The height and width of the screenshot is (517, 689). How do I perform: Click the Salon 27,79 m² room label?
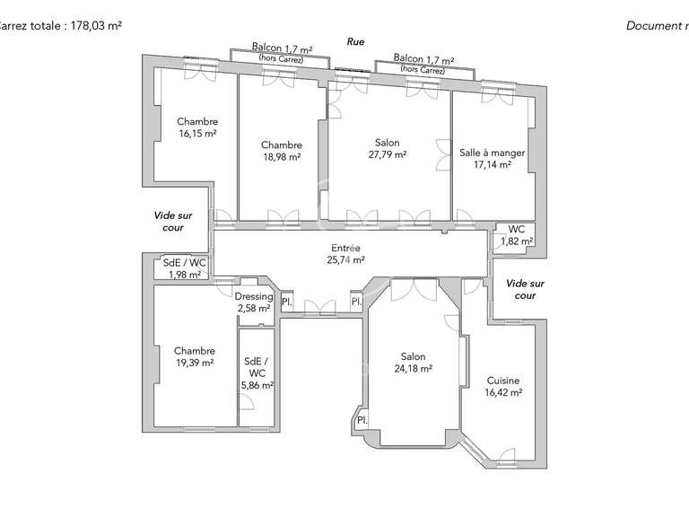point(388,149)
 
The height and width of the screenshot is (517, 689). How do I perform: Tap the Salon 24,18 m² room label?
point(414,362)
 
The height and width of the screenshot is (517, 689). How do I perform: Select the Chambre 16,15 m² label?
point(197,127)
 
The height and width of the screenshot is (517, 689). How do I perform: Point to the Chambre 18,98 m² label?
point(282,150)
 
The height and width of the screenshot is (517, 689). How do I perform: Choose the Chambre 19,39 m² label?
point(195,356)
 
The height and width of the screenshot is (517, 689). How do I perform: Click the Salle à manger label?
point(492,158)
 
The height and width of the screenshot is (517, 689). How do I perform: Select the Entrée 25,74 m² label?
point(345,254)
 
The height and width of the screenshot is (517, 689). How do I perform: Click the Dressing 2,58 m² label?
point(253,302)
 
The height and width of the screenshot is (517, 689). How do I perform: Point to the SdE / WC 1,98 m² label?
point(184,268)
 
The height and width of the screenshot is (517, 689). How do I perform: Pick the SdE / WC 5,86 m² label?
point(256,373)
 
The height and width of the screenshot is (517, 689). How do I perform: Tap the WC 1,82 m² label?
point(517,235)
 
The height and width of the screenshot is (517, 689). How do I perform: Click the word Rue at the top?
point(356,41)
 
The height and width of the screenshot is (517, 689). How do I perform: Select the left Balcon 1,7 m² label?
point(281,52)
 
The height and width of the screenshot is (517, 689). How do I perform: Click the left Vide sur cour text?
point(173,222)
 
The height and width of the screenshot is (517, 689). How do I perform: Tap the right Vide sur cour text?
point(525,289)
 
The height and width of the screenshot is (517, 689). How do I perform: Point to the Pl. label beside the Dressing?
point(287,302)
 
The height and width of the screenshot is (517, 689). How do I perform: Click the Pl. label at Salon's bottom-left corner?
point(362,420)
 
